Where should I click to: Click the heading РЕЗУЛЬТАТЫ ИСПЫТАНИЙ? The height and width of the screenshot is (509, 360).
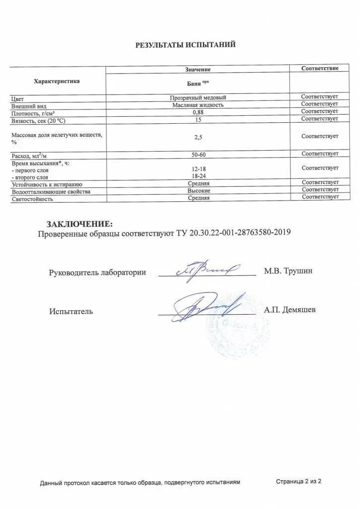(x=185, y=45)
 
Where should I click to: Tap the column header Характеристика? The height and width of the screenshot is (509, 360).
(x=56, y=81)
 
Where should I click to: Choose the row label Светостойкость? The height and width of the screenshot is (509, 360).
(x=32, y=199)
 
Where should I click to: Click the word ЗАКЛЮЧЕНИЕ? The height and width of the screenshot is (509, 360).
(x=80, y=223)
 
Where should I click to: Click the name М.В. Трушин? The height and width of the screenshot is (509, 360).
(x=288, y=271)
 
